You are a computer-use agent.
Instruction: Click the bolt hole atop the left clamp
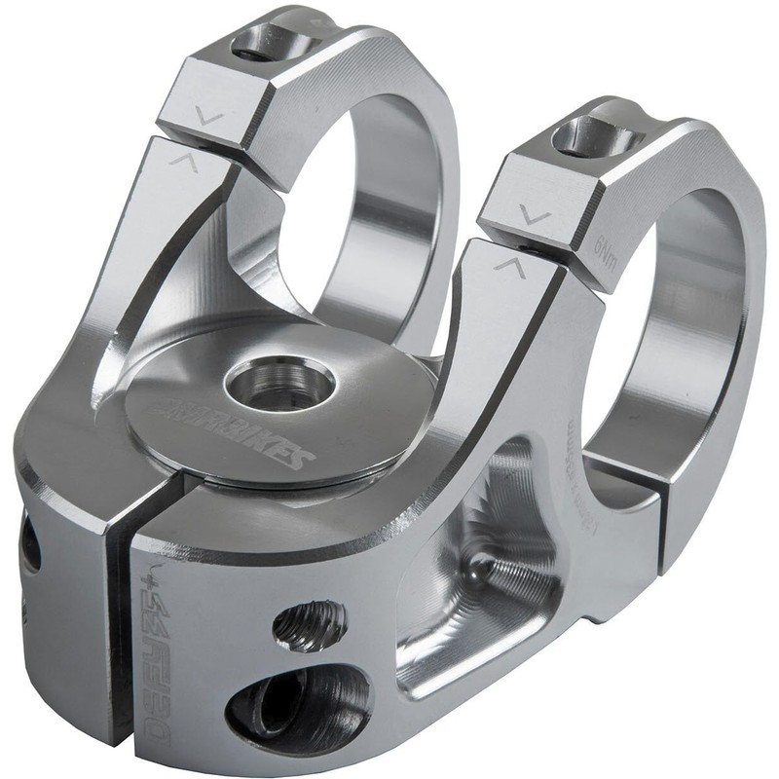(x=267, y=42)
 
